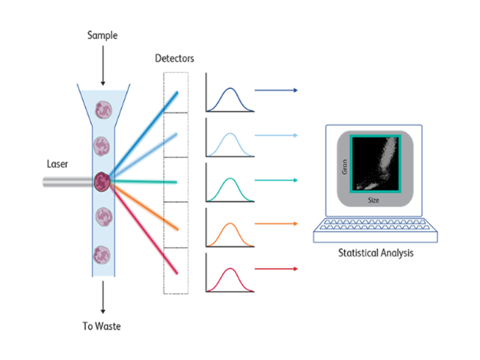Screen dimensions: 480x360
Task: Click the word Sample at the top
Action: (x=102, y=35)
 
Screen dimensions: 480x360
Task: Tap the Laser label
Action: (x=58, y=164)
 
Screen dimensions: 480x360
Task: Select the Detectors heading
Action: (x=174, y=58)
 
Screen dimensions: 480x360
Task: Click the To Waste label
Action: (x=101, y=326)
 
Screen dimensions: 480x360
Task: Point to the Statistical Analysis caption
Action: (x=376, y=253)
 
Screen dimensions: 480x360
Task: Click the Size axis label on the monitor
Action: (x=373, y=200)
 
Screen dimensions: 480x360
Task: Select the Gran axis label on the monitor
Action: (x=344, y=167)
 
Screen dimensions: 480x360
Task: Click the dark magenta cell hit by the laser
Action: (x=102, y=182)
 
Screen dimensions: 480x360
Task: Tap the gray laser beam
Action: (x=68, y=182)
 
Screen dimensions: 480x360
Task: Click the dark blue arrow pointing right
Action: (x=276, y=91)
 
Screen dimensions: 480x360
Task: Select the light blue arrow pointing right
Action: (x=276, y=135)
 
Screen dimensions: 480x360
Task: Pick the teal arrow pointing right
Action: (x=276, y=180)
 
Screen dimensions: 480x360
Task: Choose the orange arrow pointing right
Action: (x=276, y=224)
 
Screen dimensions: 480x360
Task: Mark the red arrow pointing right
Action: (x=276, y=269)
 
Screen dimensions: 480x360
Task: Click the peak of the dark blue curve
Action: (x=230, y=88)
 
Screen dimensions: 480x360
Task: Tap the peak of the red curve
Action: (x=230, y=269)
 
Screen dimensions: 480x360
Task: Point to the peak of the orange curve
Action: (x=230, y=223)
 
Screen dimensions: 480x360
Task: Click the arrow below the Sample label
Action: (x=103, y=65)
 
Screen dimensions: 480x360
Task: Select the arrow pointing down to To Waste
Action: (x=103, y=297)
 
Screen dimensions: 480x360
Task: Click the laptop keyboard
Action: (x=376, y=230)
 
